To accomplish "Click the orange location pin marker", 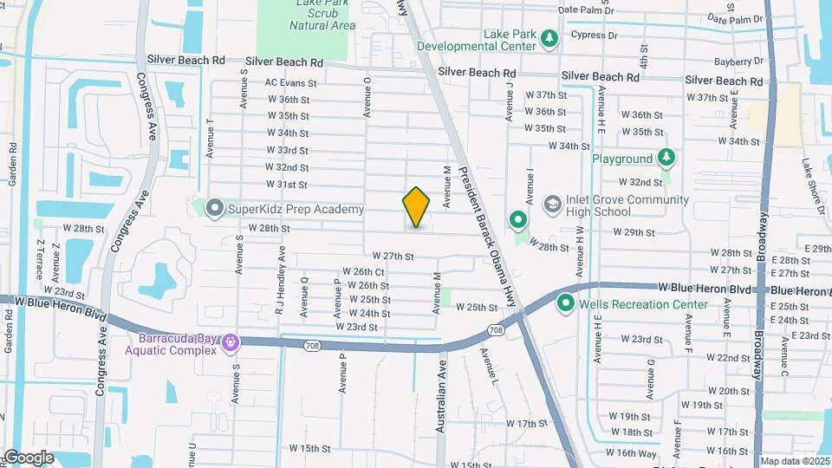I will [417, 207].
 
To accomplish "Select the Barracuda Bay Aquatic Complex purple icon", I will [230, 343].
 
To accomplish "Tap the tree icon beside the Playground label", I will [666, 159].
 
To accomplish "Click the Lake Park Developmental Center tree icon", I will [548, 39].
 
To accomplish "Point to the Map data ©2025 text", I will [794, 461].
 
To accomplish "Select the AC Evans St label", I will [287, 83].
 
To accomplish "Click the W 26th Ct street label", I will [363, 272].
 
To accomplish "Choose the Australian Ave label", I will [441, 387].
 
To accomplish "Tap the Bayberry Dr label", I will [738, 62].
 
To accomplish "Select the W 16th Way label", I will [632, 453].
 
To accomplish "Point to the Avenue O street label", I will [368, 95].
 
